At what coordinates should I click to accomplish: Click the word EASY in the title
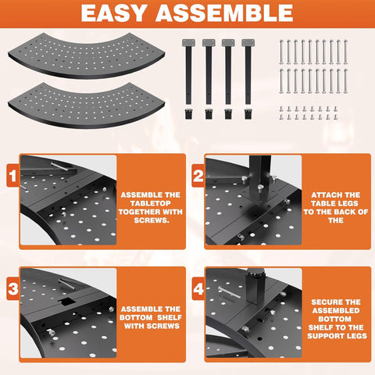tap(113, 13)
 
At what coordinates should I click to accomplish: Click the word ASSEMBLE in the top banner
tap(224, 13)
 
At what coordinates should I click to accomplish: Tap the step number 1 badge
tap(13, 175)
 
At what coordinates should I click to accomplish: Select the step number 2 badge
tap(198, 175)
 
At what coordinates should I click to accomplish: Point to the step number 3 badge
tap(13, 288)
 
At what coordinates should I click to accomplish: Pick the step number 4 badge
tap(198, 288)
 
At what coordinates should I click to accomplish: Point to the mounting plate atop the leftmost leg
tap(188, 43)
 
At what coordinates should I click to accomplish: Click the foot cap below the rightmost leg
tap(248, 114)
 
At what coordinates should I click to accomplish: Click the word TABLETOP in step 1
tap(151, 203)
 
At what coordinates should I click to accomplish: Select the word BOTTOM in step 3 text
tap(136, 318)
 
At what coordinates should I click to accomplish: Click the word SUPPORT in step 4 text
tap(323, 336)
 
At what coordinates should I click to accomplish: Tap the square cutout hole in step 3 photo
tap(67, 302)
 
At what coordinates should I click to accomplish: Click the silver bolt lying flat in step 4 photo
tap(230, 292)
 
